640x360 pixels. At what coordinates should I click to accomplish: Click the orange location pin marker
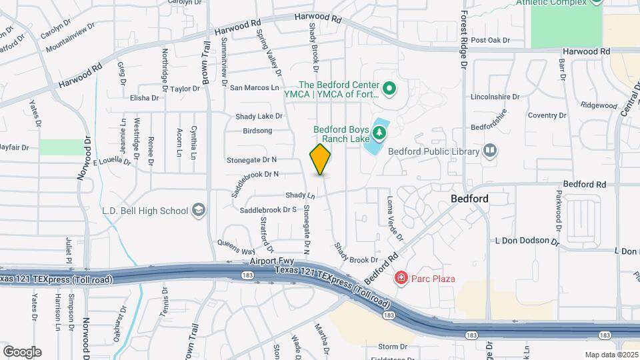(x=321, y=159)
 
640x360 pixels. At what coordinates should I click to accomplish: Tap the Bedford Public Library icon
(x=491, y=151)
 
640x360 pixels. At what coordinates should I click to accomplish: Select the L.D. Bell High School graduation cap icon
(x=198, y=211)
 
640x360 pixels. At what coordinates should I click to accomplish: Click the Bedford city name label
(x=469, y=199)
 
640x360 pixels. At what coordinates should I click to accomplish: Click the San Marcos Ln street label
(x=254, y=87)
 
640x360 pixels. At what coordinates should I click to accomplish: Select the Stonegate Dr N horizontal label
(x=251, y=160)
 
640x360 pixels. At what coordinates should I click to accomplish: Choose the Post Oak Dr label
(x=490, y=40)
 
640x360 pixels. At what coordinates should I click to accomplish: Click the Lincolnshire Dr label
(x=495, y=96)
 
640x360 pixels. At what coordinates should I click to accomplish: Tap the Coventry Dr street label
(x=546, y=115)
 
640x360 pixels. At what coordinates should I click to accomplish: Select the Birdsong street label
(x=258, y=131)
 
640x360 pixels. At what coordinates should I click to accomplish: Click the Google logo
(x=22, y=351)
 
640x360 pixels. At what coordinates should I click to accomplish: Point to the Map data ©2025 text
(x=611, y=355)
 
